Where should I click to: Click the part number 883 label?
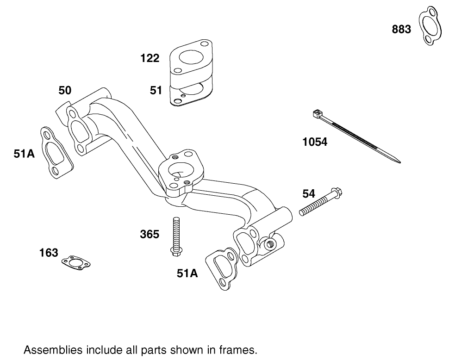point(401,29)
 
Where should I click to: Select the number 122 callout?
point(150,58)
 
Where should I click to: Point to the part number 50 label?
point(65,90)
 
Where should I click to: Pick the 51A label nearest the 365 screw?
point(187,273)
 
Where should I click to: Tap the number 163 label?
point(49,253)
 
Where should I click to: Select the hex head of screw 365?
point(175,251)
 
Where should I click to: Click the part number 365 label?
point(150,235)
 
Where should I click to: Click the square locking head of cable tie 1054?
point(317,113)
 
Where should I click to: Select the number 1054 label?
point(315,142)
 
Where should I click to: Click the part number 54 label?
point(309,193)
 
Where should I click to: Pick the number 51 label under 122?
point(156,90)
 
